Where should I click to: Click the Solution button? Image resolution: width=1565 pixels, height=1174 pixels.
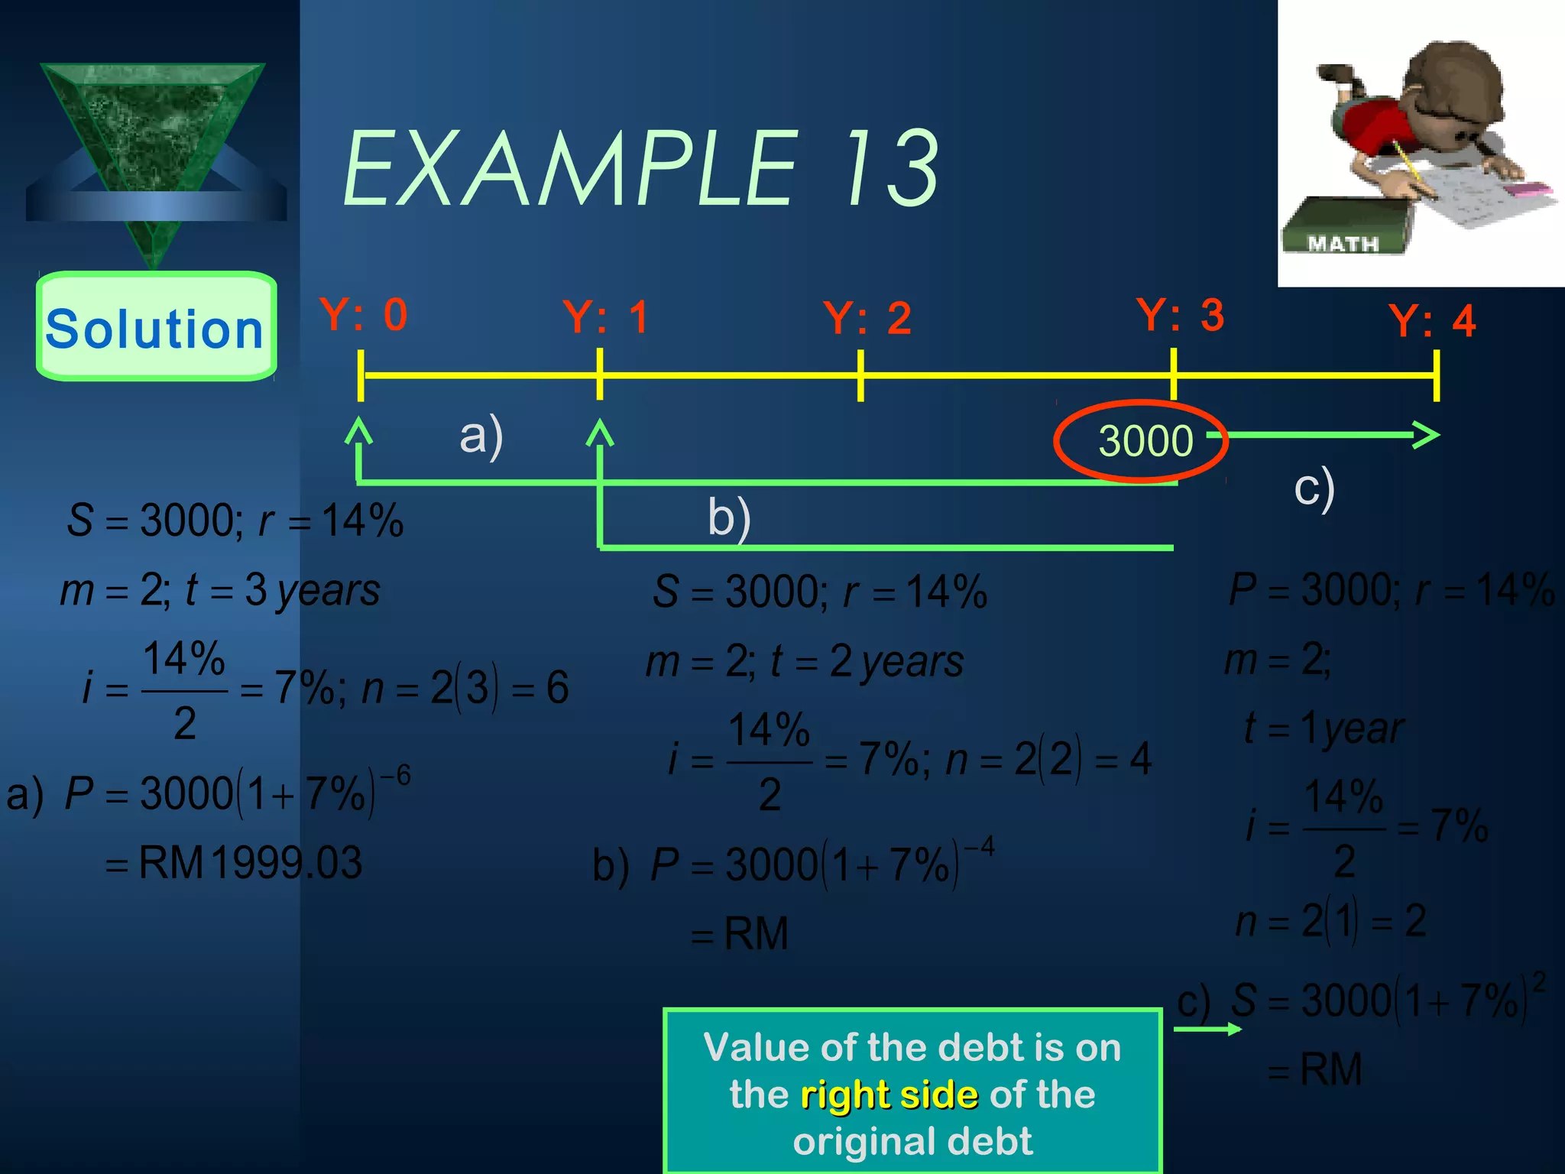point(156,327)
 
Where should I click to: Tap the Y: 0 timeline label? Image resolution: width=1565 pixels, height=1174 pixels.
point(364,315)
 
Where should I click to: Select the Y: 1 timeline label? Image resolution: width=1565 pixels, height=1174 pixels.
point(606,317)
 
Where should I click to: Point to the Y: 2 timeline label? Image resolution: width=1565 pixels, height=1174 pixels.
point(867,319)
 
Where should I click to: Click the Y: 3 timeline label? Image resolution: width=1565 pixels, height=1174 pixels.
point(1181,315)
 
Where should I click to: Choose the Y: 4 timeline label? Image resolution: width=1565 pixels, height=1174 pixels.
point(1432,321)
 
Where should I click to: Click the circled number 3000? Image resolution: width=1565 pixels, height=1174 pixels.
point(1145,441)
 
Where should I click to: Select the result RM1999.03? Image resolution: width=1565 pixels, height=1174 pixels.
point(250,863)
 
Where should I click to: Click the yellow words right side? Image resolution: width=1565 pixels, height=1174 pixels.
point(889,1095)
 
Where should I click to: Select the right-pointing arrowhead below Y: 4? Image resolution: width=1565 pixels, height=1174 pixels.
point(1426,435)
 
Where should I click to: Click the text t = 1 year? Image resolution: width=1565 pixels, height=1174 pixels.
point(1324,728)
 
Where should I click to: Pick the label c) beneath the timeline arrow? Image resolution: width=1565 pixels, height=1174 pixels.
point(1314,488)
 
